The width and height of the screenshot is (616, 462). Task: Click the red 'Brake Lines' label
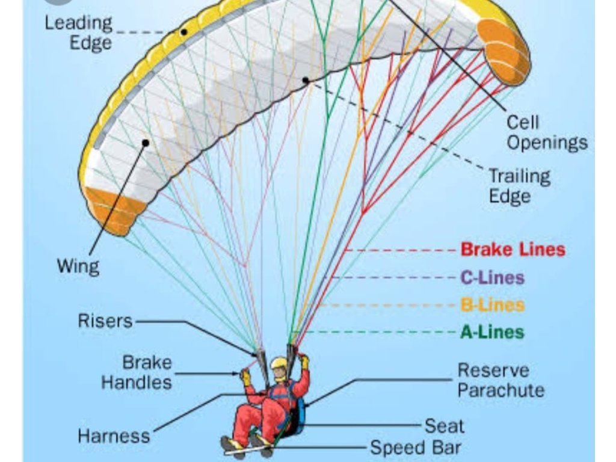click(513, 249)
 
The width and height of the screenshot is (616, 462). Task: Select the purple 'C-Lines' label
click(492, 277)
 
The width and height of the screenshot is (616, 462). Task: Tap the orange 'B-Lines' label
click(492, 305)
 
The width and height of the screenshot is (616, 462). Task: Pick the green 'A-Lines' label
click(492, 332)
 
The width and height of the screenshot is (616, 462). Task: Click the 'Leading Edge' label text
click(78, 32)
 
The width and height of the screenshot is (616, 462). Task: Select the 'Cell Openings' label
click(546, 132)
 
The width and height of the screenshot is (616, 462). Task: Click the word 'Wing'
click(78, 265)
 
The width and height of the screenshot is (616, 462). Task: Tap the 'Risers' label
click(105, 321)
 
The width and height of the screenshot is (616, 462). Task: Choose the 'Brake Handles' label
click(137, 372)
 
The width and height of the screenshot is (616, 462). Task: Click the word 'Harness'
click(114, 435)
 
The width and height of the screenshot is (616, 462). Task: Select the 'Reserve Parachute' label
click(500, 380)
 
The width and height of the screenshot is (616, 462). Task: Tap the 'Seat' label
click(445, 426)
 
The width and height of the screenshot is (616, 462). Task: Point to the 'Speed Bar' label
click(415, 448)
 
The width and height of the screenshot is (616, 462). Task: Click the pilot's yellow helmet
click(279, 363)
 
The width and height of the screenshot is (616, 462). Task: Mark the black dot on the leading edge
click(183, 31)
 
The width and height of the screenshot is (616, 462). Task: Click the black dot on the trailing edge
click(306, 79)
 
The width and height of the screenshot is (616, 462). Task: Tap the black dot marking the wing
click(145, 143)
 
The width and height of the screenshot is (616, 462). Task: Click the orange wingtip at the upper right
click(504, 51)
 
